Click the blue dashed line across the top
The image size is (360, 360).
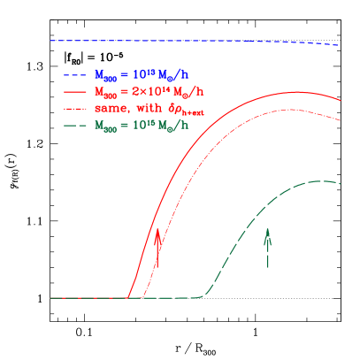(x=177, y=41)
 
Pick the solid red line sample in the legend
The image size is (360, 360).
(x=74, y=92)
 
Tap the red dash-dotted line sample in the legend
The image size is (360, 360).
(x=74, y=108)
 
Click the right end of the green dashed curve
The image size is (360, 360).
(x=341, y=184)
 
